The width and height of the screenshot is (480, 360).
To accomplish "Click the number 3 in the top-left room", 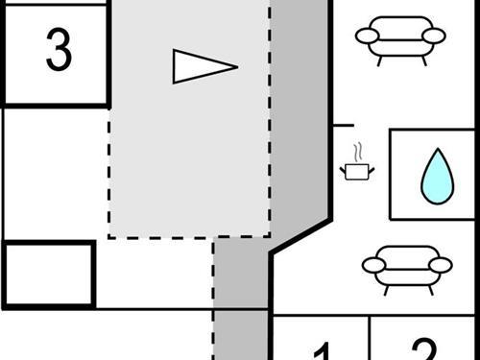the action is click(x=59, y=51).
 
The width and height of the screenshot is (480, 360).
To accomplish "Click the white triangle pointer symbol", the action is click(x=200, y=66).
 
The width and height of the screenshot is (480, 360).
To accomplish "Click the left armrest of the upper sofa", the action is click(x=368, y=36).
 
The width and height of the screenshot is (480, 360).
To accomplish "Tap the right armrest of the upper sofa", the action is click(x=434, y=36).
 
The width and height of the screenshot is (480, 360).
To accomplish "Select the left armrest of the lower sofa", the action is click(x=373, y=265).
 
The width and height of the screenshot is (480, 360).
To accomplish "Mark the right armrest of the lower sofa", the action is click(x=440, y=265).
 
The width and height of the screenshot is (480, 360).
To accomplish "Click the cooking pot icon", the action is click(x=357, y=171).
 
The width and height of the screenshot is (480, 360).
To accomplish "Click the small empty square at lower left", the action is click(x=48, y=274).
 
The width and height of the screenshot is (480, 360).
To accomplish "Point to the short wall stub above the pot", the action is click(x=343, y=125).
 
